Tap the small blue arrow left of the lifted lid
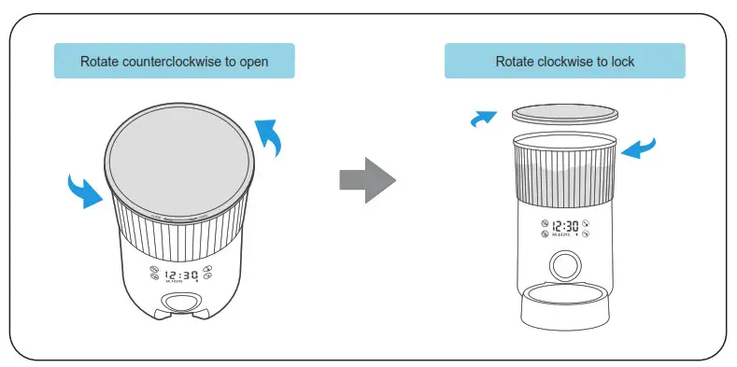[483, 119]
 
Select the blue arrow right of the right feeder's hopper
[640, 148]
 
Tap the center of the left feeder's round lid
[177, 167]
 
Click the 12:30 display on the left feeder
[180, 275]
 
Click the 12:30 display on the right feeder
[564, 226]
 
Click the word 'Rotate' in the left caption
[100, 63]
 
